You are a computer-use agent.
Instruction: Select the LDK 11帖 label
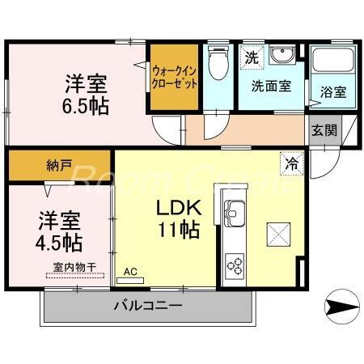point(178,218)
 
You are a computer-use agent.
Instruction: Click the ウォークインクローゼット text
point(172,78)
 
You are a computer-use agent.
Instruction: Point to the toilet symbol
point(218,65)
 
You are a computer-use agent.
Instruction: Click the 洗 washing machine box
point(252,57)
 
